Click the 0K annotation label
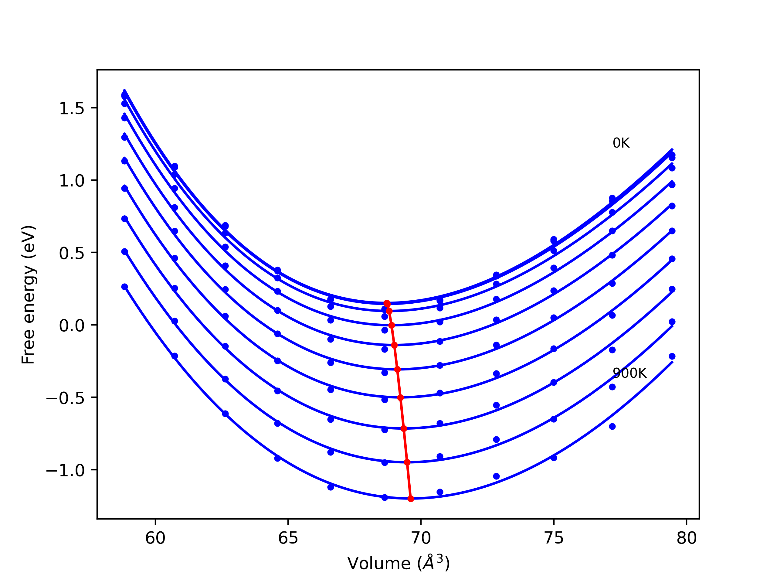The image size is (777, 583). pos(621,143)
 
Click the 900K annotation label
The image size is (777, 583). pos(629,373)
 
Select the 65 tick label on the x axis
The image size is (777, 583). pos(288,538)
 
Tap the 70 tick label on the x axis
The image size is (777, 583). pos(421,538)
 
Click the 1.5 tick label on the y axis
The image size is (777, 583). pos(72,108)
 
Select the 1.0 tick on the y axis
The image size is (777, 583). pos(72,181)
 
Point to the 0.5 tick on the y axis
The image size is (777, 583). pos(72,253)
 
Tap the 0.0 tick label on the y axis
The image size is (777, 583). pos(72,326)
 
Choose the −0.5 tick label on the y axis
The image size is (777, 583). pos(65,398)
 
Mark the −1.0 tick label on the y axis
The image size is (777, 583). pos(65,470)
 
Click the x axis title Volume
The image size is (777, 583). pos(398,563)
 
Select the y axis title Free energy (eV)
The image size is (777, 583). pos(28,295)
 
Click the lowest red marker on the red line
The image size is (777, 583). pos(411,499)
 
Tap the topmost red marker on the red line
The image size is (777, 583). pos(387,303)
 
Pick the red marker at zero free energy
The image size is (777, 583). pos(392,326)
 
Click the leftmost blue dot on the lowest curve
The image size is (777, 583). pos(125,287)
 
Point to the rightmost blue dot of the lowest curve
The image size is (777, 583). pos(672,356)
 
